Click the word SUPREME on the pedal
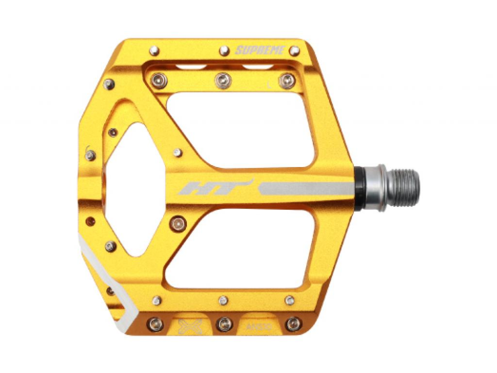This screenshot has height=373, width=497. (259, 50)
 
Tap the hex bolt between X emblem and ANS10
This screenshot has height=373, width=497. (224, 324)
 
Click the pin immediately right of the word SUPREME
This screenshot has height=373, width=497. (294, 51)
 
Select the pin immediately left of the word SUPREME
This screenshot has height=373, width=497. (224, 51)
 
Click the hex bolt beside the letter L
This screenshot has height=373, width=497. (287, 81)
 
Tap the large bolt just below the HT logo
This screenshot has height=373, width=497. (178, 224)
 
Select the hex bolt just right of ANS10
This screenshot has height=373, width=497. (293, 324)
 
